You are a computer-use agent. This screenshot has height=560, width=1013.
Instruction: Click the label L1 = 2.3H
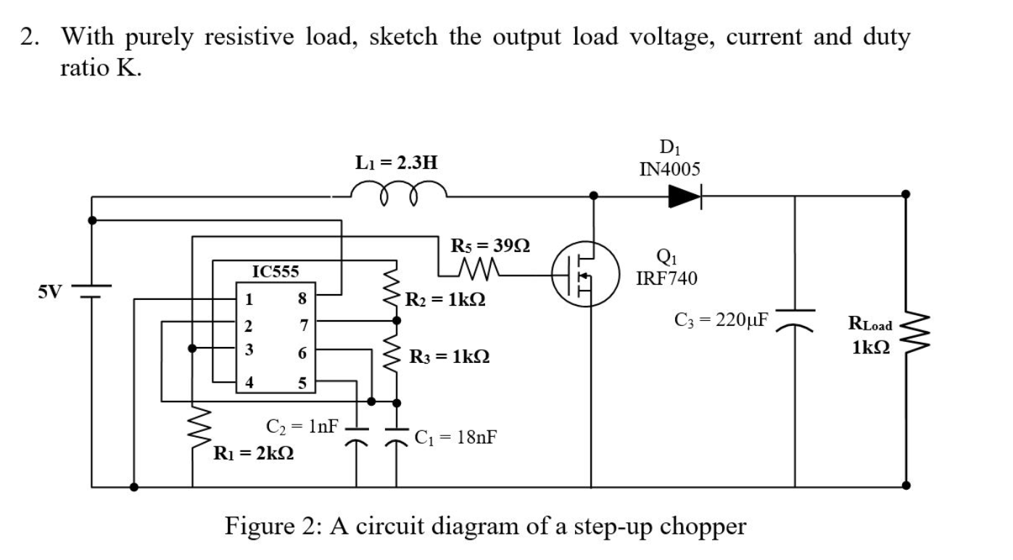[x=396, y=162]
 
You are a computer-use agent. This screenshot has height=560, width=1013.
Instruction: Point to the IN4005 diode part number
[x=670, y=170]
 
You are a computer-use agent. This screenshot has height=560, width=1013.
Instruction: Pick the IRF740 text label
[x=666, y=278]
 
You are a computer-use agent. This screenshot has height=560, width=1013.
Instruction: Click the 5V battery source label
[x=51, y=292]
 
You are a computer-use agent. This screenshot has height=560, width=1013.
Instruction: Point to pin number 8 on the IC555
[x=302, y=298]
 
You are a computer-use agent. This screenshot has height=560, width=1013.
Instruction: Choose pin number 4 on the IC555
[x=249, y=383]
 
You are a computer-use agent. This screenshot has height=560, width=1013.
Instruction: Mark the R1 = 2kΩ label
[x=253, y=455]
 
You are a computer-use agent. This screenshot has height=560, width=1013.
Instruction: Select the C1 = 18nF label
[x=455, y=438]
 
